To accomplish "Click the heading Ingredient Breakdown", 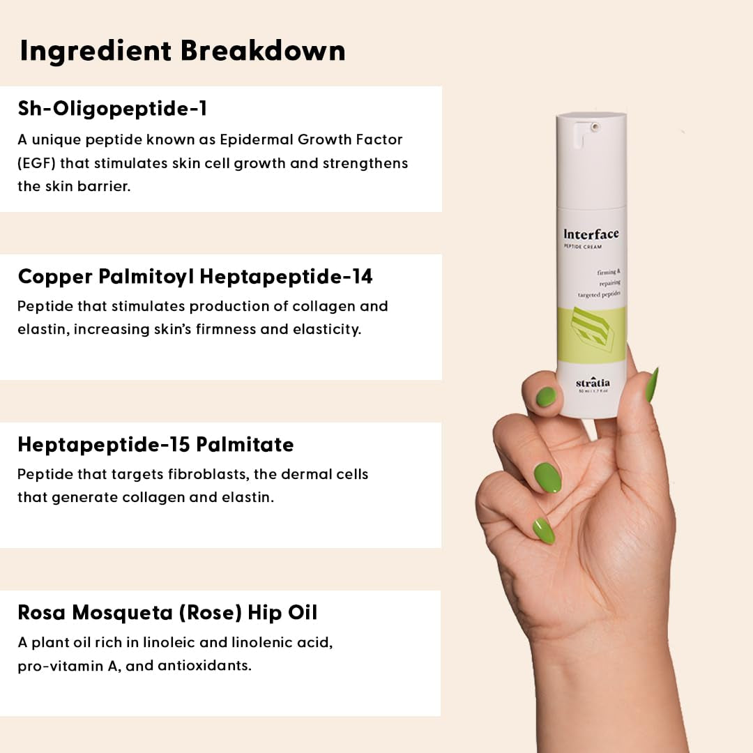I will [x=183, y=52].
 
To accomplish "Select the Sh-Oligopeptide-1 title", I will [x=112, y=109].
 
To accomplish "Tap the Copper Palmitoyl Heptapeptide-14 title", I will [x=195, y=277].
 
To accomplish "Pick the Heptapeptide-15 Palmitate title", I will [x=155, y=445].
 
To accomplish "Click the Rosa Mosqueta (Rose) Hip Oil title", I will [x=167, y=613].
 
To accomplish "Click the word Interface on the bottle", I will [x=591, y=234].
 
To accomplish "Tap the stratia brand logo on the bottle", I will [x=593, y=383].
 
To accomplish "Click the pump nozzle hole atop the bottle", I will [x=595, y=127].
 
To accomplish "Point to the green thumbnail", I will [x=546, y=397].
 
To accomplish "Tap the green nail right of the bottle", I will [x=652, y=385].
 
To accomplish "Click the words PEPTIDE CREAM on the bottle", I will [x=582, y=247].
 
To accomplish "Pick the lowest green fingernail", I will [x=544, y=531].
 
